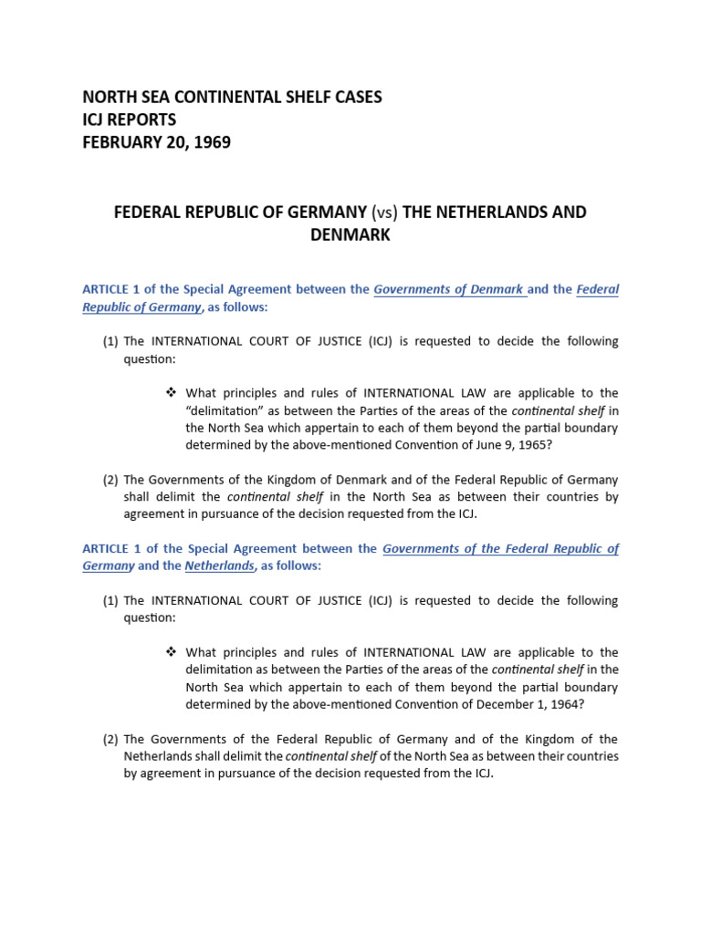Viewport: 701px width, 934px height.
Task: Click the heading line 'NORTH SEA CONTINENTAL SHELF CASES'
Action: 232,97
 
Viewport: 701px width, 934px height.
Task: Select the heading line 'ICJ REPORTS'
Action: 129,119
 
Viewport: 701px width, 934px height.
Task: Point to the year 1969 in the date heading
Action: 211,142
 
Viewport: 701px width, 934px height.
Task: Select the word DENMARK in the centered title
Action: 350,235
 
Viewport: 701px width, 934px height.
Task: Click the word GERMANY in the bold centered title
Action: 320,213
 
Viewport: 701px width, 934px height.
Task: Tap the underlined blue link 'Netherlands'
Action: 219,566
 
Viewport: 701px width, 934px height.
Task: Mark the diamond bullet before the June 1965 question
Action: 170,393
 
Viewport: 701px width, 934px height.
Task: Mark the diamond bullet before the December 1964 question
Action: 170,652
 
